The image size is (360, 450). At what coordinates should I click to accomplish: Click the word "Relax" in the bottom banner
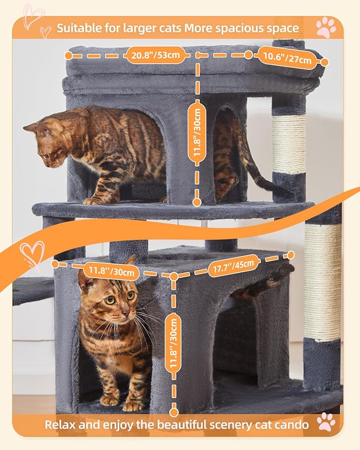[x=59, y=425]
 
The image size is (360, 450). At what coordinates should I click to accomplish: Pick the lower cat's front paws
[x=122, y=403]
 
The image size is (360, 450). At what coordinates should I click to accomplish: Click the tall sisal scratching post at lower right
[x=323, y=281]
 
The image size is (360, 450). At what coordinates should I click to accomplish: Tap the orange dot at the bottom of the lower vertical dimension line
[x=173, y=410]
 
